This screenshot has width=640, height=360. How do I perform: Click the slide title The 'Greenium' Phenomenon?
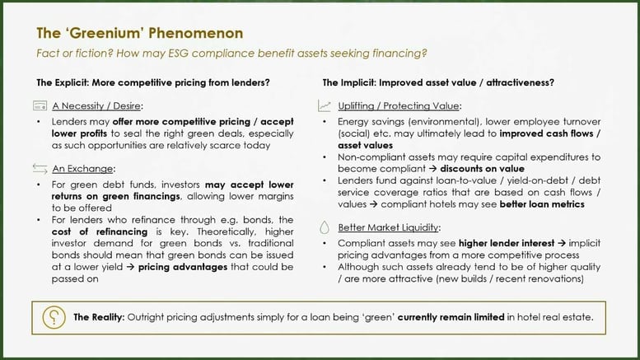click(139, 33)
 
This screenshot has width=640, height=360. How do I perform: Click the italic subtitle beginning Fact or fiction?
click(231, 54)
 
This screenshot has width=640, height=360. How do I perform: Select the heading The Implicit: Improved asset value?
click(437, 82)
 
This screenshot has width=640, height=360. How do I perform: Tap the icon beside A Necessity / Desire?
click(39, 106)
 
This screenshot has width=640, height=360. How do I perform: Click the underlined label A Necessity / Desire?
click(97, 106)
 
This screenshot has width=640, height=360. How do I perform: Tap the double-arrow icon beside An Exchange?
click(39, 169)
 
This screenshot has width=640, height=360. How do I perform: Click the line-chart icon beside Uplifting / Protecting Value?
click(324, 106)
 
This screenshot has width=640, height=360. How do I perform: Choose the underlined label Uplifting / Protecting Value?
click(401, 106)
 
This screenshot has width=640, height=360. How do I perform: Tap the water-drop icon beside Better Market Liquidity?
click(324, 226)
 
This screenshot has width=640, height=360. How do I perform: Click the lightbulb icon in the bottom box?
click(53, 316)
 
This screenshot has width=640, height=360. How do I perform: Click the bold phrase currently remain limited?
click(447, 316)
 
